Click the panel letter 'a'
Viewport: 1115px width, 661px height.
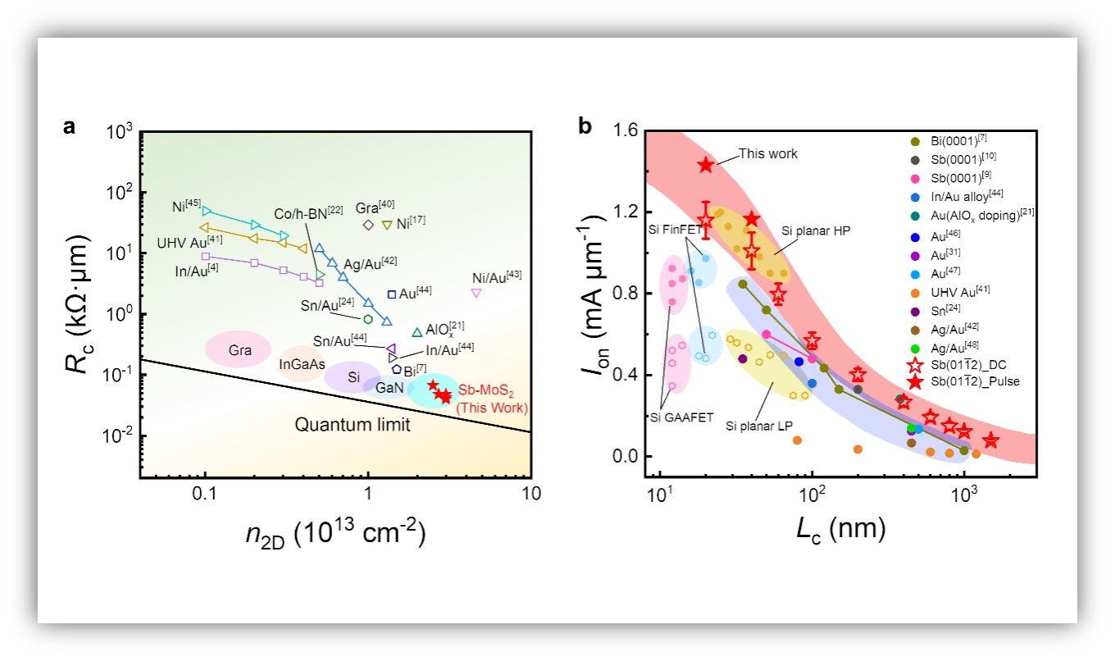click(x=71, y=127)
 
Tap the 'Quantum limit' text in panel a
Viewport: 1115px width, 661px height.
click(x=353, y=424)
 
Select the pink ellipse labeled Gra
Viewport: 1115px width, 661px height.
click(x=239, y=349)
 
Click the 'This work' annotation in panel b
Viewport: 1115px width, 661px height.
click(x=767, y=153)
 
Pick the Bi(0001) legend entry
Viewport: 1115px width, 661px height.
click(x=943, y=140)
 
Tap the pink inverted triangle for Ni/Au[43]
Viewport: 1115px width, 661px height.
click(x=476, y=293)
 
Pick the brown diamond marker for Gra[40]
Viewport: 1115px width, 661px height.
click(x=368, y=225)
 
